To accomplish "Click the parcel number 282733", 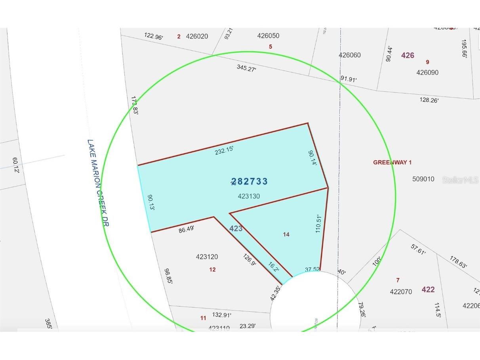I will [x=250, y=181].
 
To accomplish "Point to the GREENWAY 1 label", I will [x=392, y=162].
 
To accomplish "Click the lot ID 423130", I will [x=249, y=196].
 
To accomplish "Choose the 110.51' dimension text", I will [x=318, y=221].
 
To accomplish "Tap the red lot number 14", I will [x=286, y=234].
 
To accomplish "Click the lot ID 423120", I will [x=207, y=257].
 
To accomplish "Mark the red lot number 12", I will [x=212, y=270].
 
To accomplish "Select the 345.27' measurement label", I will [x=246, y=68].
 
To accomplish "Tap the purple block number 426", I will [x=408, y=55].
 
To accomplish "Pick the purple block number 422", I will [x=428, y=290].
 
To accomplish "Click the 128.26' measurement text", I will [x=429, y=100].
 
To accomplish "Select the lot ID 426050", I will [x=268, y=36].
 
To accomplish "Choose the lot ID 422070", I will [x=401, y=292].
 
